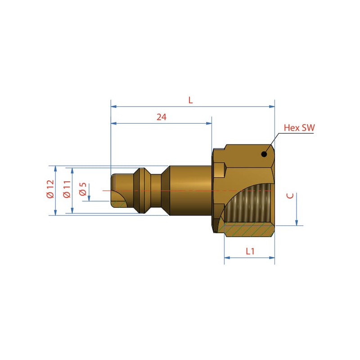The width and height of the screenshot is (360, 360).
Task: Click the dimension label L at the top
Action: coord(190,100)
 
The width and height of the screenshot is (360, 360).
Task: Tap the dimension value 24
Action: coord(162,117)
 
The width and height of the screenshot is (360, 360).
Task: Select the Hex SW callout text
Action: coord(299,128)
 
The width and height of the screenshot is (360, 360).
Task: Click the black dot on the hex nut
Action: coord(264,154)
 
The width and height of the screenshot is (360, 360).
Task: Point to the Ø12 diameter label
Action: coord(50,189)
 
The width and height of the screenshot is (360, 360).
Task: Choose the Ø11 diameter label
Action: coord(67,189)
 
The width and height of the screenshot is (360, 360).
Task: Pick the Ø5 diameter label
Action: coord(83,189)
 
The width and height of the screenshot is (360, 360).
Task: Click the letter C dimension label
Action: coord(290,196)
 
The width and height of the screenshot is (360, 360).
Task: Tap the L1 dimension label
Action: coord(250,251)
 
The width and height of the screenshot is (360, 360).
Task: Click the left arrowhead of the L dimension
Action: coord(114,107)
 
